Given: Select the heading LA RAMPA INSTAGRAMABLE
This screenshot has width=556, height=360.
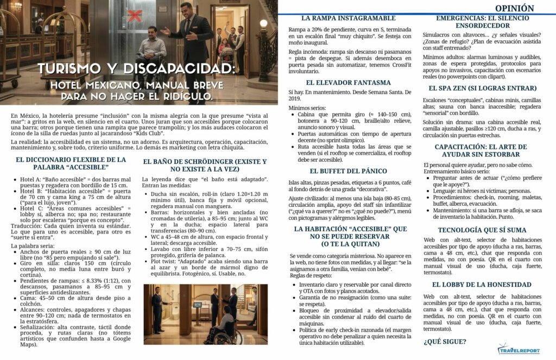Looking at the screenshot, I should (x=348, y=18).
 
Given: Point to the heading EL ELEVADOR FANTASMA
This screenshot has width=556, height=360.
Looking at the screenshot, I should (x=348, y=83).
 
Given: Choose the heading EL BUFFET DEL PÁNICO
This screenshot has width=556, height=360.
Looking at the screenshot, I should (x=348, y=171).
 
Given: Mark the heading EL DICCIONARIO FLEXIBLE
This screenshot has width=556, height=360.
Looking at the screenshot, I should (x=71, y=163).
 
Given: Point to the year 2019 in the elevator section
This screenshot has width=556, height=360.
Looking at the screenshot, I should (x=296, y=99).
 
